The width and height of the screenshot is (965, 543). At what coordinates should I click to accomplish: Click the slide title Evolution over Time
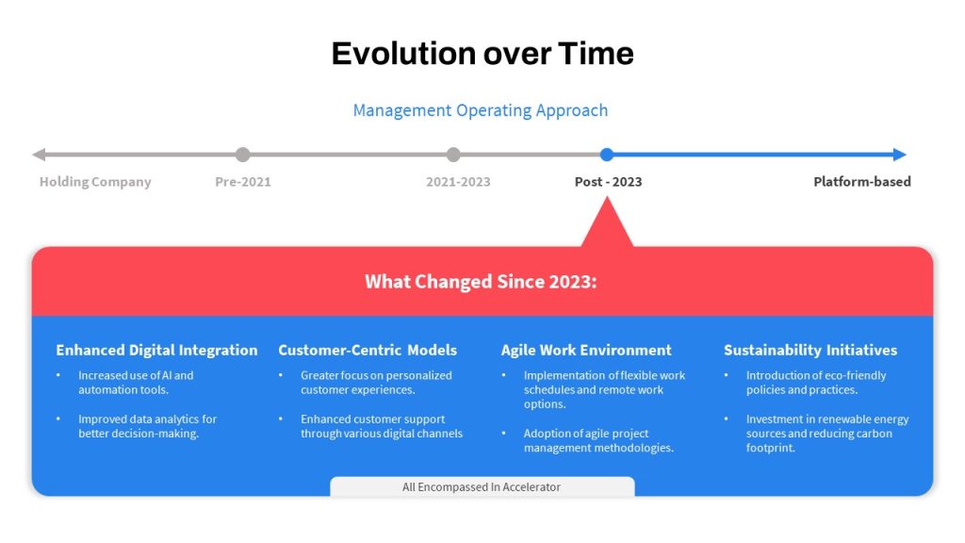482,54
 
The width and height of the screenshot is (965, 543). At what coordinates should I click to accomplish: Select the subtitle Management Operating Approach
480,110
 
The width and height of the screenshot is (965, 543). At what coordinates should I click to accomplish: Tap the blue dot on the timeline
607,155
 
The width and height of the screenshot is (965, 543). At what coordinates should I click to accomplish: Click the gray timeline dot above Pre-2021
243,155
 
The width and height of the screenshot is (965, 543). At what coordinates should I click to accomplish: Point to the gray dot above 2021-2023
453,155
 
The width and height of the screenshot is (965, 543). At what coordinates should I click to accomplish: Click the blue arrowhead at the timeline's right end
900,155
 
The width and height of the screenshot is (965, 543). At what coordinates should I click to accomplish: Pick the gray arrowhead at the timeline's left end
39,155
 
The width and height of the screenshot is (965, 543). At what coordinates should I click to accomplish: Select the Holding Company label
95,182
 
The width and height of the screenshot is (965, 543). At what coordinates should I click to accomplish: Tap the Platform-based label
862,182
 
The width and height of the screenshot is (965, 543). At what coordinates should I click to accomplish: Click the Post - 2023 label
608,182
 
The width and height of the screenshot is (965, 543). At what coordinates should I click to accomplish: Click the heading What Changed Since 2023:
481,281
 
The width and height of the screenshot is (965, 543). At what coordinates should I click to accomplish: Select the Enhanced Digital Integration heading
157,351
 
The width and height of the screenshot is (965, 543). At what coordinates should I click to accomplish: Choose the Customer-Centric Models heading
368,351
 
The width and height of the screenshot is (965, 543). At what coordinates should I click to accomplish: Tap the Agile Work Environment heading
586,351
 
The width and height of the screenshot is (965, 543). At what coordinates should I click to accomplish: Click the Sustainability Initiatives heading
810,351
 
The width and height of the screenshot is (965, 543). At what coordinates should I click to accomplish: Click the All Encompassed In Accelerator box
482,486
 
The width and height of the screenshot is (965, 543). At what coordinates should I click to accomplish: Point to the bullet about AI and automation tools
136,383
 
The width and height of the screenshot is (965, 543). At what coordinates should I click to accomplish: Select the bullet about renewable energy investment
827,434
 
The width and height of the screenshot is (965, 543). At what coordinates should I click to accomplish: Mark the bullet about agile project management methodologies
598,440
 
